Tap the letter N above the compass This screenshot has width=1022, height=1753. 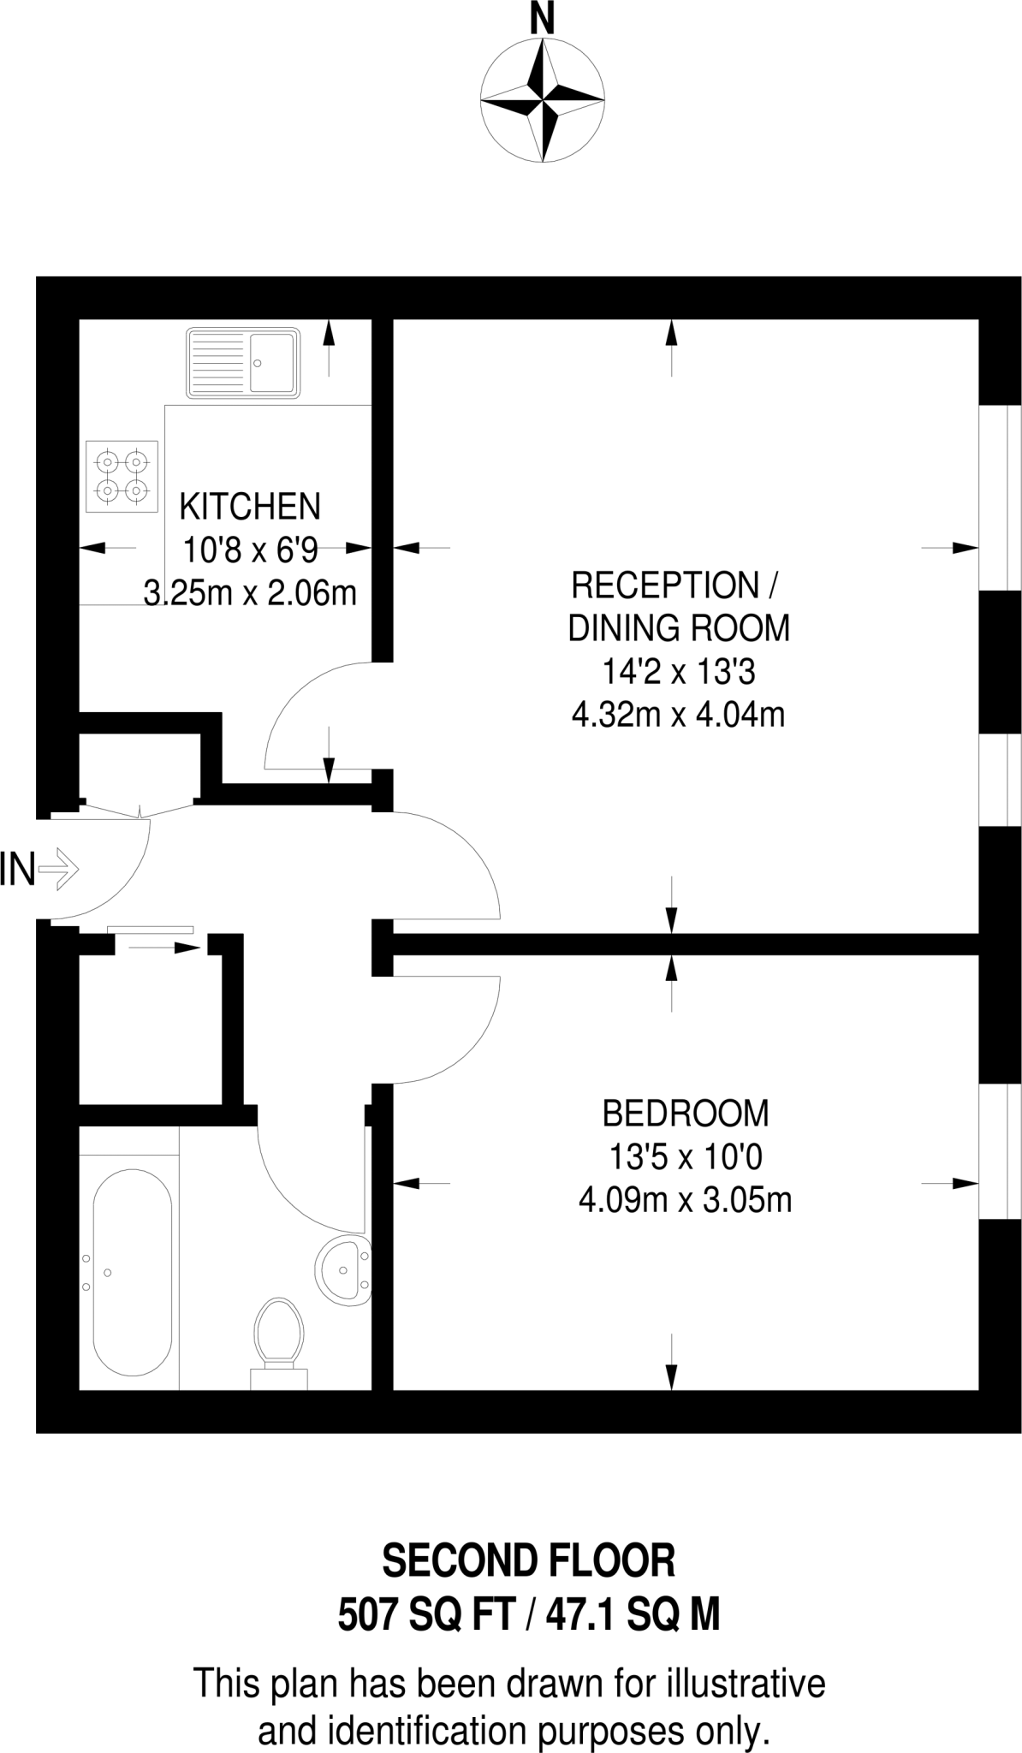click(542, 19)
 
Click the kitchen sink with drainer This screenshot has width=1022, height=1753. click(243, 362)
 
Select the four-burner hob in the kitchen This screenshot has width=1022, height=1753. click(122, 476)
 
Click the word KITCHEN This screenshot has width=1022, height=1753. click(250, 507)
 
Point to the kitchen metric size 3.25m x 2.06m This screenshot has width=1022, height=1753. click(250, 592)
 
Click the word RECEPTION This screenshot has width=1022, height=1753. click(664, 586)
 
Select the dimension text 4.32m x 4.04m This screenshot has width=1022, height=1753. click(678, 714)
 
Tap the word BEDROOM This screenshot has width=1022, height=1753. click(686, 1114)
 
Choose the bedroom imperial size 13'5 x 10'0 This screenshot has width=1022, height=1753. click(686, 1157)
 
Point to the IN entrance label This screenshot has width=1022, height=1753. click(17, 871)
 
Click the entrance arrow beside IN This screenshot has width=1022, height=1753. click(59, 871)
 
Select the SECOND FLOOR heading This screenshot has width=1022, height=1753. click(528, 1560)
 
